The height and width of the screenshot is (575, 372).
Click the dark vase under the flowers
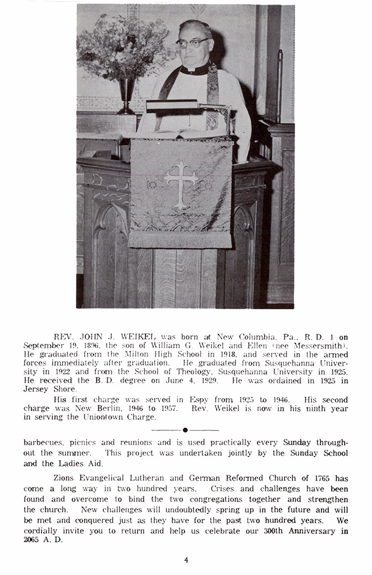coord(126,95)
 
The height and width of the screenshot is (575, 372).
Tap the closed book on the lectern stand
coord(172,105)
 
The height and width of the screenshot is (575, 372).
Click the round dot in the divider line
coord(185,430)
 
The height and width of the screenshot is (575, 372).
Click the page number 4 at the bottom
coord(186,559)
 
